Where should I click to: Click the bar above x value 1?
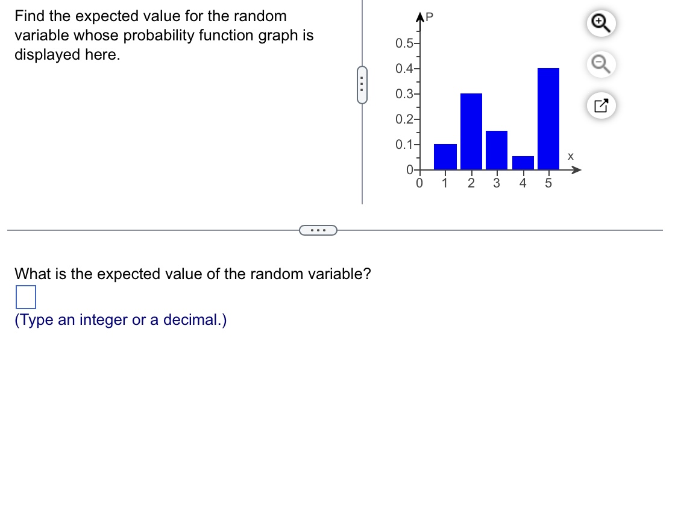tap(445, 157)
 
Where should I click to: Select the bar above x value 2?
tap(471, 131)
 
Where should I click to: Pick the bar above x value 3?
tap(497, 150)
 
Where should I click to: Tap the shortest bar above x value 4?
tap(523, 163)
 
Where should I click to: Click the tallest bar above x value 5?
tap(548, 119)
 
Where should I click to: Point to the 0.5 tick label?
tap(403, 43)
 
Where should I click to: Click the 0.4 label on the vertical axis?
tap(403, 69)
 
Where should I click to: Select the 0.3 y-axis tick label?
tap(403, 94)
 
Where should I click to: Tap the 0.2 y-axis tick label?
tap(403, 119)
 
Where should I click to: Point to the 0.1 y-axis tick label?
tap(403, 145)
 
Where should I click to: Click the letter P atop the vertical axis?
tap(430, 17)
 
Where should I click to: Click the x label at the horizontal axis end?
tap(570, 157)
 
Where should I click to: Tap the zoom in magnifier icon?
tap(600, 23)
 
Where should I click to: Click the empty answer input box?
tap(26, 297)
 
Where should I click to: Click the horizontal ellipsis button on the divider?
tap(318, 230)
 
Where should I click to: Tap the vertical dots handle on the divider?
tap(362, 86)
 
